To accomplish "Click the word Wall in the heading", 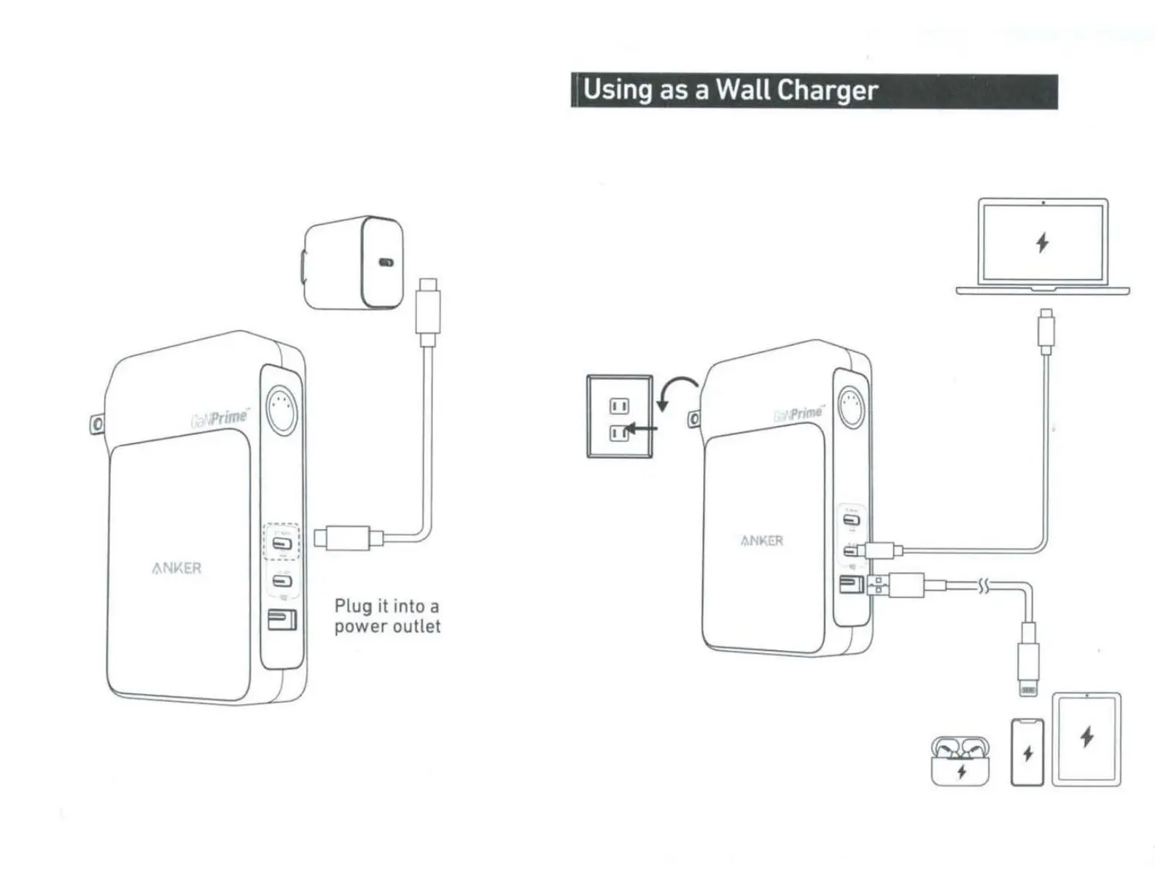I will [743, 90].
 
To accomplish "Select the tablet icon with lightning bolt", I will [1086, 738].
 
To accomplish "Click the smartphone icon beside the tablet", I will [1027, 752].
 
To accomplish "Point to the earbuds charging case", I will [960, 761].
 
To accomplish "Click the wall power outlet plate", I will [620, 417].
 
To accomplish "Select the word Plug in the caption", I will [353, 606].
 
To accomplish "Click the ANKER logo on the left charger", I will [176, 568].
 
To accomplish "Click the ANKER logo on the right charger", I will [762, 541].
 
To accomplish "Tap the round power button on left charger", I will [282, 410].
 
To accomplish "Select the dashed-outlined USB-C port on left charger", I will [281, 543].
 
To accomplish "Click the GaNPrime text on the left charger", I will [219, 418].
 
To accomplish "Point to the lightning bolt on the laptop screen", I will [1043, 242].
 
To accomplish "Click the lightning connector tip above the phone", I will [1028, 689].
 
